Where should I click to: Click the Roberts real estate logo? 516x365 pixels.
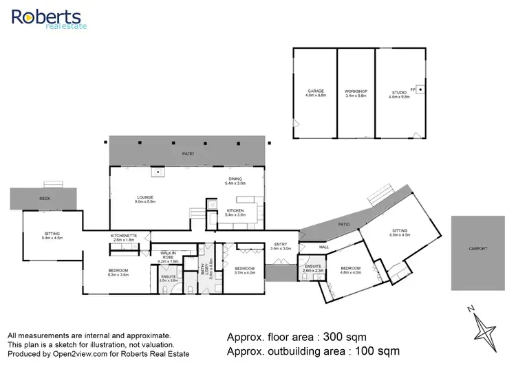click(x=46, y=19)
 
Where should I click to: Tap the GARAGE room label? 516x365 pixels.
click(x=315, y=93)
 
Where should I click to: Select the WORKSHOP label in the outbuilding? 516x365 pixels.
click(x=356, y=93)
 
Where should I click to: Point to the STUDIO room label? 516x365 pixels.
click(x=399, y=93)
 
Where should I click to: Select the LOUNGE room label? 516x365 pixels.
click(x=144, y=199)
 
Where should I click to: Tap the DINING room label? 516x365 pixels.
click(x=236, y=181)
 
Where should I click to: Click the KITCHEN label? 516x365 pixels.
click(x=236, y=212)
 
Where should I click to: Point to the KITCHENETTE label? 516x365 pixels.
click(x=125, y=237)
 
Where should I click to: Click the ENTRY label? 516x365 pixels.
click(x=281, y=245)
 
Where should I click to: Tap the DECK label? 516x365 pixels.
click(x=45, y=198)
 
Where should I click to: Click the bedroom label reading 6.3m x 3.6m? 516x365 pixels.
click(x=118, y=272)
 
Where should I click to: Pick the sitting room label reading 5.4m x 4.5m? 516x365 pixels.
click(x=53, y=236)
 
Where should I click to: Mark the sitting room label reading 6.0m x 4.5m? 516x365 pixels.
click(x=400, y=232)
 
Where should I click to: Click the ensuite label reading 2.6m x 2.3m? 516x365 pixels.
click(x=312, y=269)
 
